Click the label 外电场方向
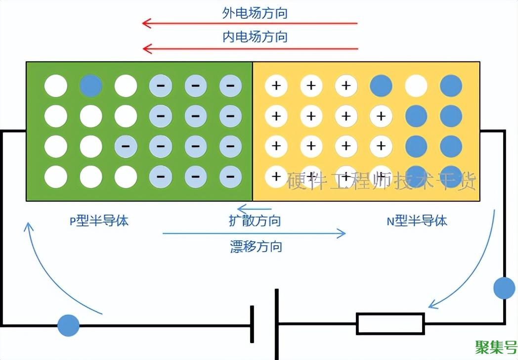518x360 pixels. click(x=255, y=13)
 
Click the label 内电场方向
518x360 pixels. click(x=255, y=37)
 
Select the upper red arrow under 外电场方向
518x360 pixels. click(x=250, y=23)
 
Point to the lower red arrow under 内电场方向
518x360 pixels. click(x=250, y=48)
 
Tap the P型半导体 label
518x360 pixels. click(x=99, y=221)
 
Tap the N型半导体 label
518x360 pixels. click(x=417, y=221)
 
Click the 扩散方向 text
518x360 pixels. click(x=255, y=221)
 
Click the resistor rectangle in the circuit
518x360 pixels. click(x=390, y=324)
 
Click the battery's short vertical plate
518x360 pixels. click(x=252, y=324)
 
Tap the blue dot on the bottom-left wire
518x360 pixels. click(x=68, y=325)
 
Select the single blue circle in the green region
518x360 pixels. click(x=91, y=86)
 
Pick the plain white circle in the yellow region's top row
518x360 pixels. click(x=416, y=86)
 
